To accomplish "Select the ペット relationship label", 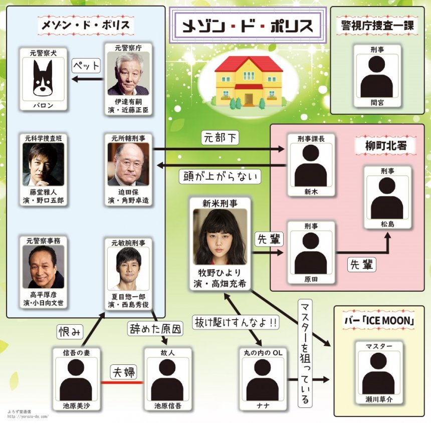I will pyautogui.click(x=87, y=66).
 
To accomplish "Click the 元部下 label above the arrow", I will pyautogui.click(x=220, y=137).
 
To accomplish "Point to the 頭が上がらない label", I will pyautogui.click(x=221, y=176).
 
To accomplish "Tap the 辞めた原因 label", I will pyautogui.click(x=155, y=328).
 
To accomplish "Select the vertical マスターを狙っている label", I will pyautogui.click(x=304, y=353).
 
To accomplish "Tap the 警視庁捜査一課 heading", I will pyautogui.click(x=377, y=26).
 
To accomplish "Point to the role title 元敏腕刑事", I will pyautogui.click(x=128, y=243).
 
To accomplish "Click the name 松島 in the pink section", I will pyautogui.click(x=387, y=224).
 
